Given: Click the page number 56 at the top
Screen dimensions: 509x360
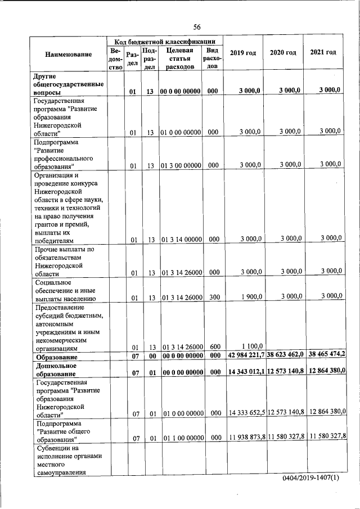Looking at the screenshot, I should (x=197, y=26).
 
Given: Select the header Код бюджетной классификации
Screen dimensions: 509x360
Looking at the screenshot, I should (x=165, y=41).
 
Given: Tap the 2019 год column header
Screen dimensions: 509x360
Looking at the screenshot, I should (x=243, y=52).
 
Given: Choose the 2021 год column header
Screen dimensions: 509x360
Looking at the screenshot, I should (x=323, y=52).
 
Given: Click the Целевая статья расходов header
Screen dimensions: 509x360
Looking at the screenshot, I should (x=180, y=58).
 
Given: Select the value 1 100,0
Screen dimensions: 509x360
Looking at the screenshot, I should (x=251, y=346).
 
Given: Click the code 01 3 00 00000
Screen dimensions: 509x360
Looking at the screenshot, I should (x=181, y=165).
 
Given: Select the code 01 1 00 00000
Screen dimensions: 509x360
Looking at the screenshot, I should (x=181, y=438).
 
